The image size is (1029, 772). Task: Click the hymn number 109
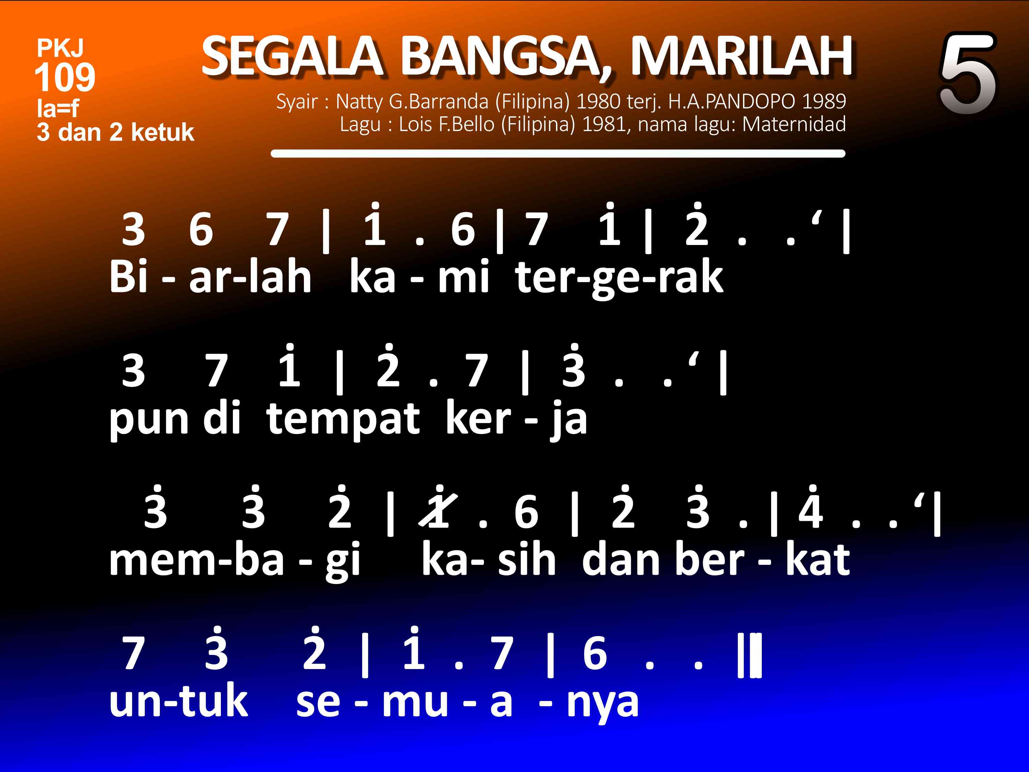click(65, 77)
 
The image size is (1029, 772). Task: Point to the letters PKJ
click(60, 48)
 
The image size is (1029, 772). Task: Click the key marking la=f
click(58, 108)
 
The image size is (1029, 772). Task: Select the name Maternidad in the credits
click(794, 124)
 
